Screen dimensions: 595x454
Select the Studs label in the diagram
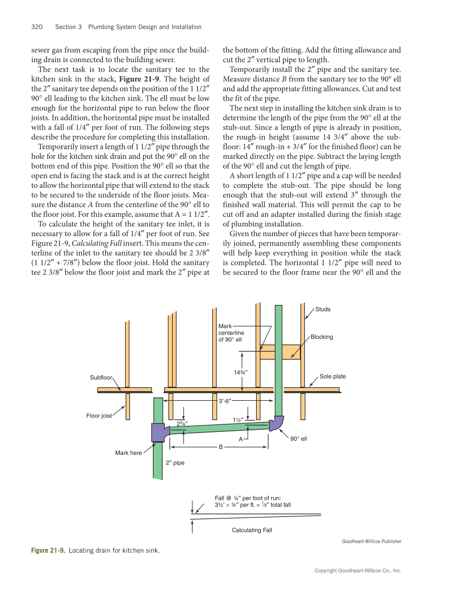(x=322, y=309)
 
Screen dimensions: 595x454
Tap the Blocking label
(x=321, y=337)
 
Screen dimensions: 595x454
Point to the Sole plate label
(x=333, y=376)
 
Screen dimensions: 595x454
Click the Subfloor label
(x=101, y=377)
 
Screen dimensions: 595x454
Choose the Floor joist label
(x=99, y=416)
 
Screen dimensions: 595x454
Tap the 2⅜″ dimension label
(x=182, y=424)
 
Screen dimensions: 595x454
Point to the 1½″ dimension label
(x=238, y=419)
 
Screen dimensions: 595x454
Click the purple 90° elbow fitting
(x=276, y=423)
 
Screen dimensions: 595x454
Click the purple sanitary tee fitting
(x=159, y=432)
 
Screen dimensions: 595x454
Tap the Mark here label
(x=128, y=453)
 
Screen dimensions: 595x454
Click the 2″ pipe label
(x=175, y=462)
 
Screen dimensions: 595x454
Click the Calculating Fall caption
(x=251, y=530)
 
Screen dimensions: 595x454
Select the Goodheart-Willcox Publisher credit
(x=371, y=541)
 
